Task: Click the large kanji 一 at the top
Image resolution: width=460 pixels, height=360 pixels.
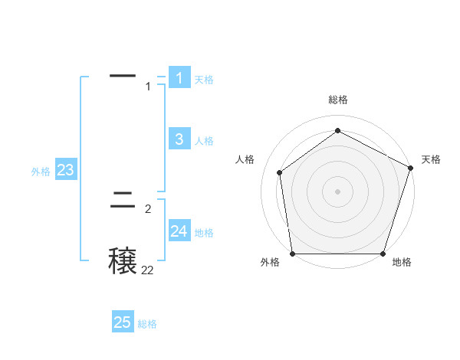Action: (x=123, y=76)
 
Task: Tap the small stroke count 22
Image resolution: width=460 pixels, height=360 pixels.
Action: (x=147, y=270)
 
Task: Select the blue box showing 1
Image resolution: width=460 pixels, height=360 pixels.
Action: (x=179, y=77)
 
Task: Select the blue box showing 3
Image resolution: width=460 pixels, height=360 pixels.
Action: (x=179, y=139)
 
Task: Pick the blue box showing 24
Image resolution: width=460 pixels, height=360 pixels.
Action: (x=179, y=231)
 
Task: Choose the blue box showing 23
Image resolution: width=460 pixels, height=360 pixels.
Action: (x=65, y=170)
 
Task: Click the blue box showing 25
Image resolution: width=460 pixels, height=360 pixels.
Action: (x=123, y=322)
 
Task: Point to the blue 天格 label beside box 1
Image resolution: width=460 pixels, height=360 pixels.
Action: (x=204, y=80)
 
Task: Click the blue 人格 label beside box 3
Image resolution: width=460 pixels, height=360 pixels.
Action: (x=204, y=141)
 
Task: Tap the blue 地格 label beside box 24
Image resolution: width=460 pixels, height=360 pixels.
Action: (x=204, y=233)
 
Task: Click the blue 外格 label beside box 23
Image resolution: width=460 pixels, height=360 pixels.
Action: (x=41, y=172)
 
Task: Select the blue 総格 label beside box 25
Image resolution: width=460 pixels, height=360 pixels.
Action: (x=147, y=325)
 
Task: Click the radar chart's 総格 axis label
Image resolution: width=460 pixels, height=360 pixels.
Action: (x=338, y=100)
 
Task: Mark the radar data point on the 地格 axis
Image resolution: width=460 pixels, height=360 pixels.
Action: (x=383, y=254)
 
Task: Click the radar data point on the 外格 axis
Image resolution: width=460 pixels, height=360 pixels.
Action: (x=293, y=254)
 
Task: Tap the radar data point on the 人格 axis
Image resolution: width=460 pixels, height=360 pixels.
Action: (x=280, y=172)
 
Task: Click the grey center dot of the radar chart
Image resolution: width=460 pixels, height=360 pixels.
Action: (x=338, y=191)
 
